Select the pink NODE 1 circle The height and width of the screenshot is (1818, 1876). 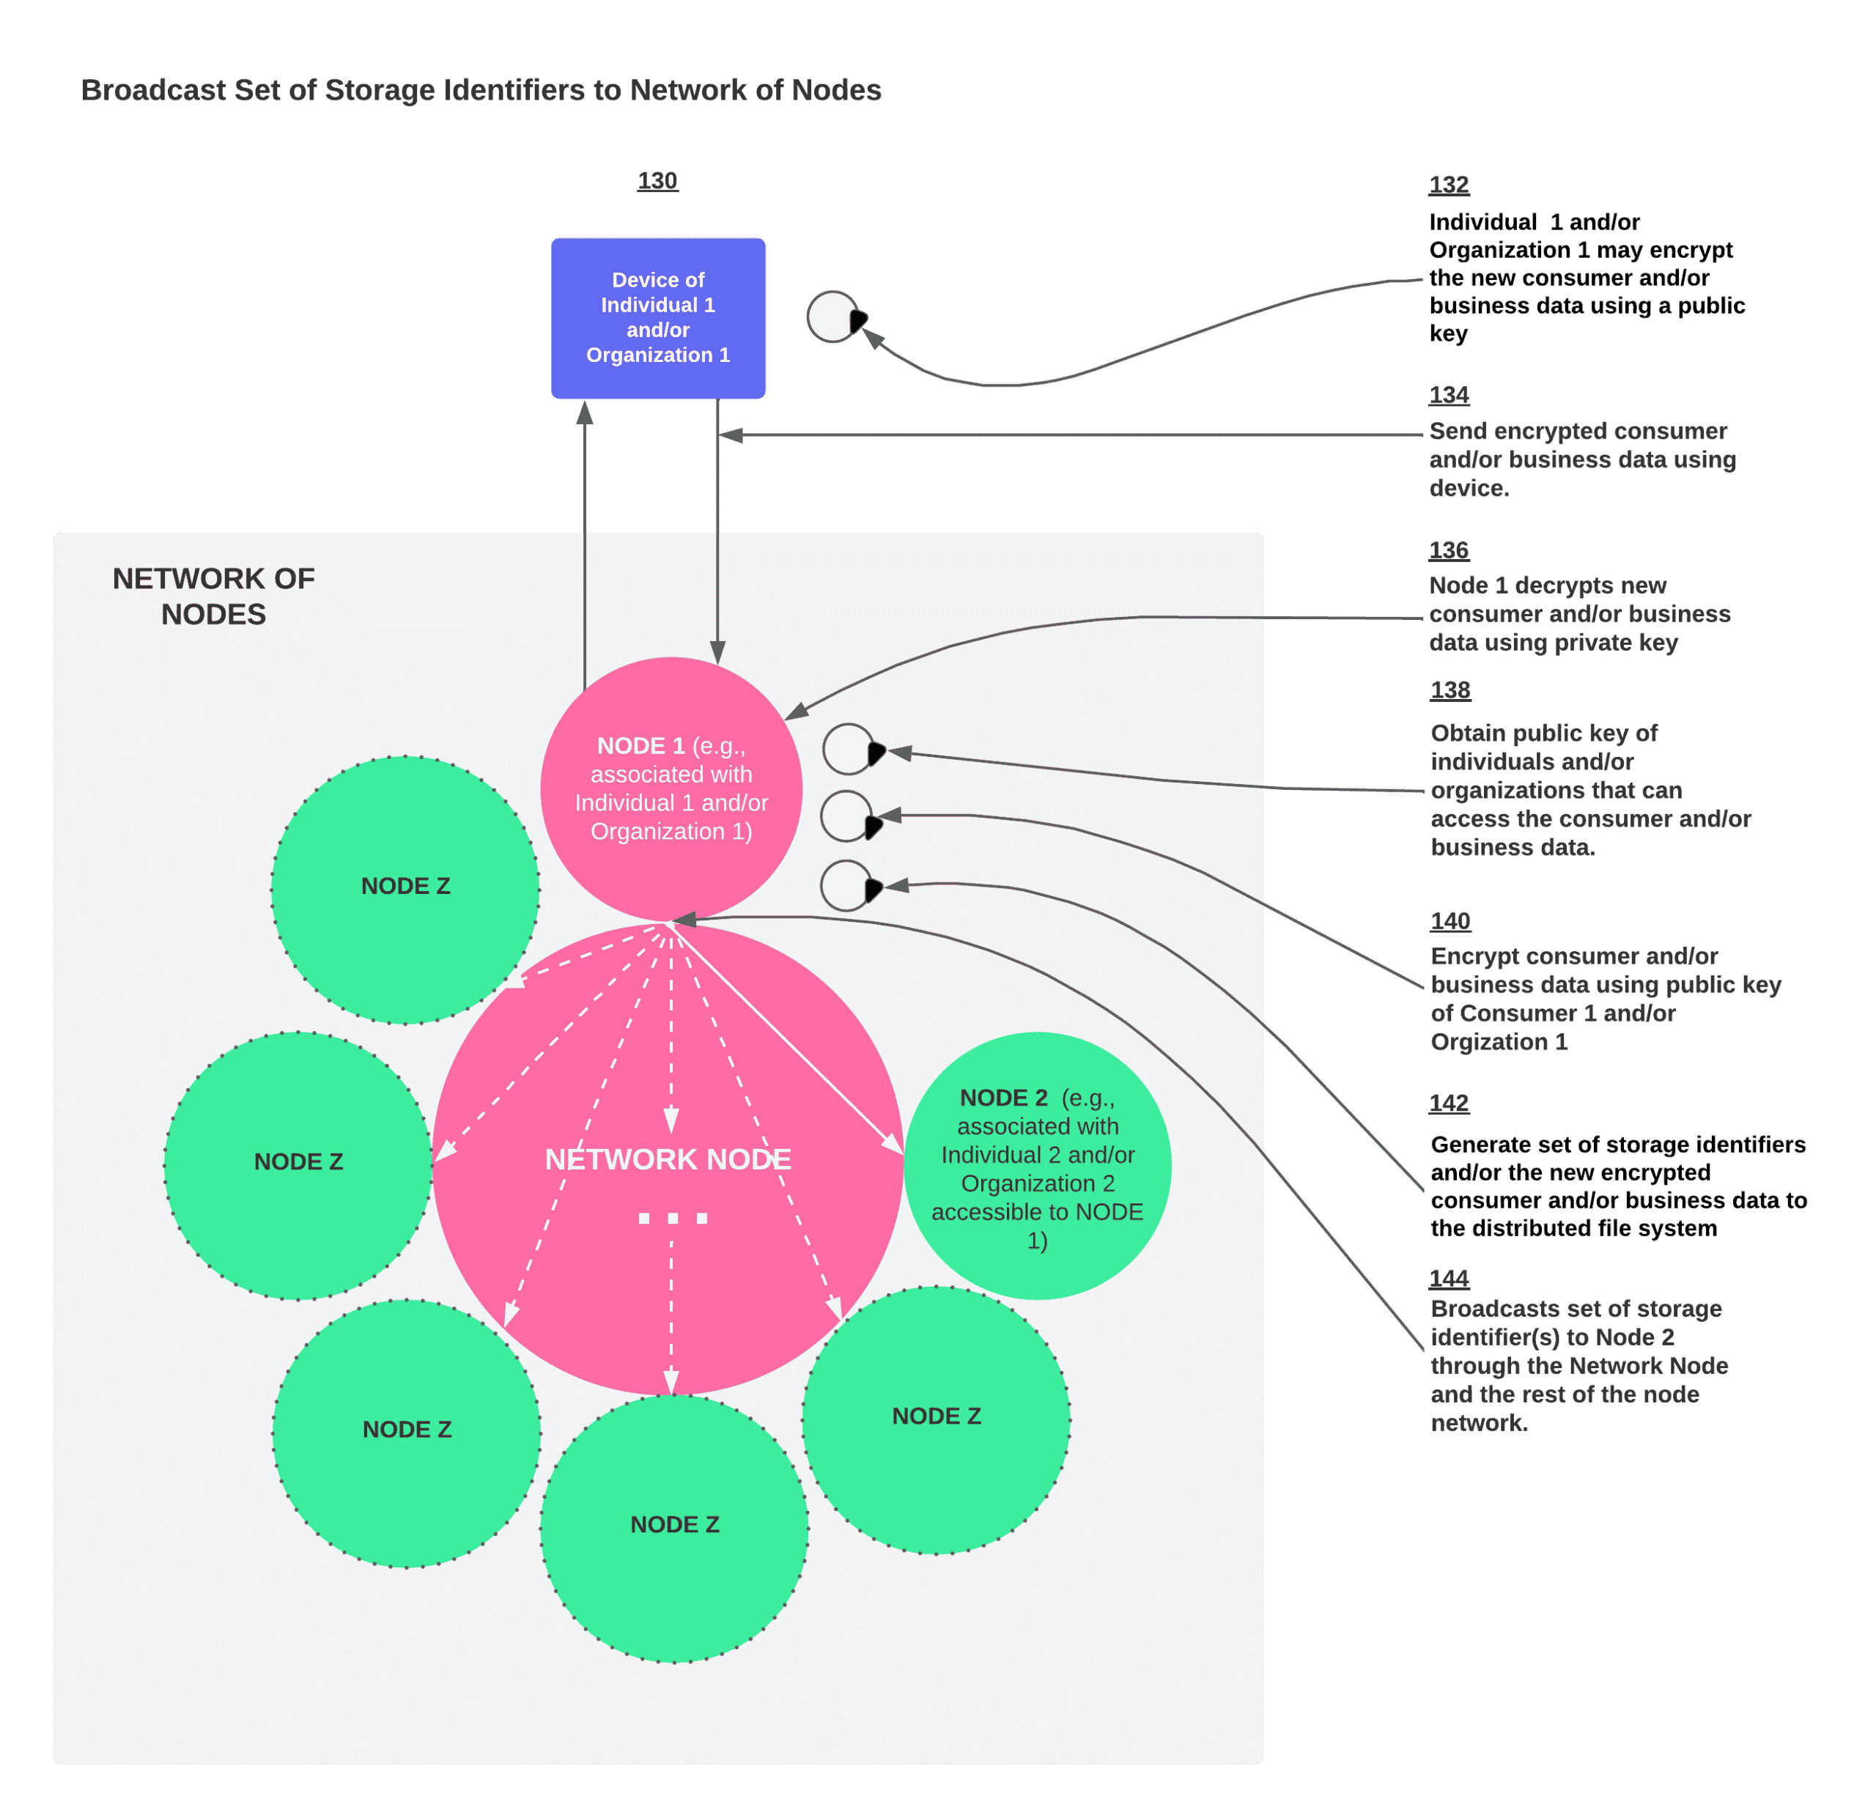point(671,788)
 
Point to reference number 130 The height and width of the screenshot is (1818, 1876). point(657,181)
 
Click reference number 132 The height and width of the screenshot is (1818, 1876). point(1448,185)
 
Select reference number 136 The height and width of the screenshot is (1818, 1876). point(1448,550)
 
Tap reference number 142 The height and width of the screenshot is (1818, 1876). point(1448,1104)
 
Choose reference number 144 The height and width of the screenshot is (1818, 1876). point(1448,1279)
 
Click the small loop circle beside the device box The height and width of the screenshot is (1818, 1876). point(832,317)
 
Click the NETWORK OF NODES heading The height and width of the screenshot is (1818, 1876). point(213,595)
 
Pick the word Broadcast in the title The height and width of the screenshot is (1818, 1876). point(153,90)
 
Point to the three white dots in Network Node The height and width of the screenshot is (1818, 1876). point(673,1218)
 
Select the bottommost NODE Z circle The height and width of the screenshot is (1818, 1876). point(675,1528)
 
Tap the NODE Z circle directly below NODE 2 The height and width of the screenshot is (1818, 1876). point(936,1420)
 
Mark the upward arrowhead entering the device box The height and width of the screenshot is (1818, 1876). point(585,413)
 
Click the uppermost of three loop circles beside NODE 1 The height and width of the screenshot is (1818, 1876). point(848,749)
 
